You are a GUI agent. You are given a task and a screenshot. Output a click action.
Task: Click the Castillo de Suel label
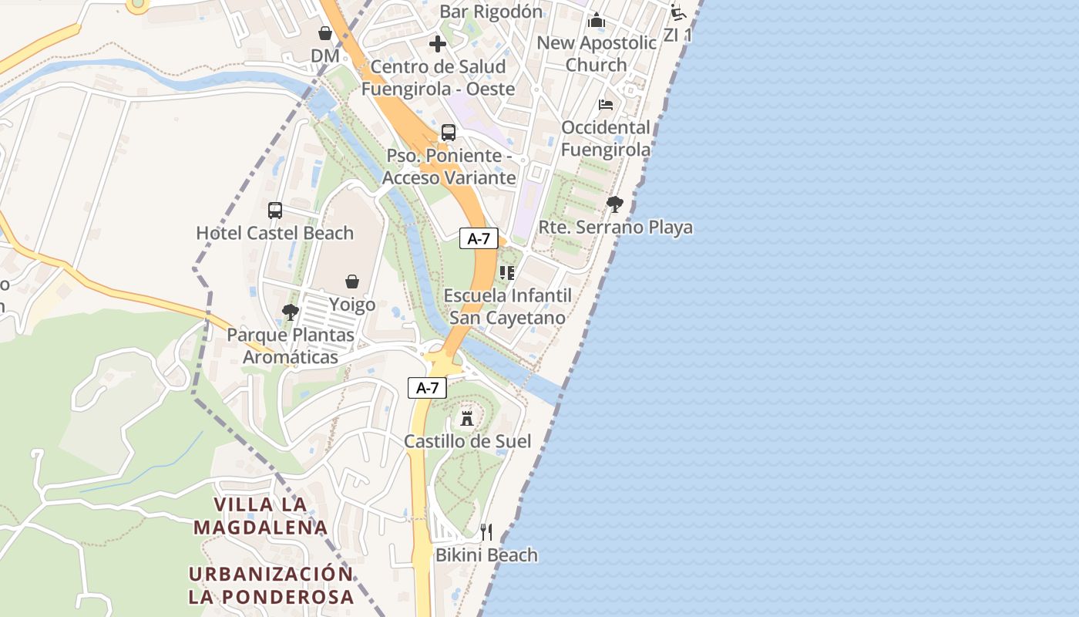468,441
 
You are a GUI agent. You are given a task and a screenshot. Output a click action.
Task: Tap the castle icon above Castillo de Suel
466,418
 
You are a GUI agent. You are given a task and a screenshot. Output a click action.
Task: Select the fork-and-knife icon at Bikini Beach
486,532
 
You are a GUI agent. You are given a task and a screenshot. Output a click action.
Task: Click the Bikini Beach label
486,555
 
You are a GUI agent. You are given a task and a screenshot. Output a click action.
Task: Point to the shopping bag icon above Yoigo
352,282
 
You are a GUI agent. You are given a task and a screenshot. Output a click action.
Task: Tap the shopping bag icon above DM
325,33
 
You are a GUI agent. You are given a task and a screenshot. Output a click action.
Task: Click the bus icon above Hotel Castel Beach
275,210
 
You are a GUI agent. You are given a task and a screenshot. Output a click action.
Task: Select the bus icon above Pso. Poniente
449,133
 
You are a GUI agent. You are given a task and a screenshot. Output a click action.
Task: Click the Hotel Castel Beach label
275,233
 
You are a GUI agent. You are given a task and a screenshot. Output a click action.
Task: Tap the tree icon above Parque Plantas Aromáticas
291,312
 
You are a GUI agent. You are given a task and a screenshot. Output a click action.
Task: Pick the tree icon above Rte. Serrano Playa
614,204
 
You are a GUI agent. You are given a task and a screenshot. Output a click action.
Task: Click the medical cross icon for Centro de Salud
438,44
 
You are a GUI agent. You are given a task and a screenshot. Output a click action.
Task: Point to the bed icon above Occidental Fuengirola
606,104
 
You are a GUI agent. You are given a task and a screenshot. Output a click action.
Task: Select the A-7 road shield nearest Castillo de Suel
428,388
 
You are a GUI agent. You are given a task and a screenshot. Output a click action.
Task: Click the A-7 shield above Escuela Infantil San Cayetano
479,238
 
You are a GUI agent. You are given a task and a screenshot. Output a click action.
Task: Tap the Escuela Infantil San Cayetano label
508,306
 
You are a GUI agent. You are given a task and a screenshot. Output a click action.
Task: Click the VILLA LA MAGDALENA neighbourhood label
261,515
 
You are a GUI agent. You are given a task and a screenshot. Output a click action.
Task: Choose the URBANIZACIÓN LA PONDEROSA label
271,585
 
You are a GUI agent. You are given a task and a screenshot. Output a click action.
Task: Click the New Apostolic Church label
597,53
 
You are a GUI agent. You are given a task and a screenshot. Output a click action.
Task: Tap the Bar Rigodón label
491,12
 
